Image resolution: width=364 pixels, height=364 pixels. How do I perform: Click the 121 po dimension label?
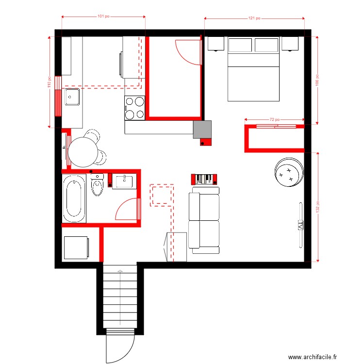pos(254,18)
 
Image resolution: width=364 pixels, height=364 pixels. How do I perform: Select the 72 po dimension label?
pos(275,119)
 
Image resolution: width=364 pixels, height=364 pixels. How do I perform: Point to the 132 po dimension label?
pos(317,207)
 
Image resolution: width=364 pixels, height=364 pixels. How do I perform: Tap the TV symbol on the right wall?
pos(299,225)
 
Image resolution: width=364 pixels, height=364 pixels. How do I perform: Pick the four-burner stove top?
pos(135,108)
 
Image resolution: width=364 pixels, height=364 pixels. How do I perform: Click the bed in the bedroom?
pos(253,69)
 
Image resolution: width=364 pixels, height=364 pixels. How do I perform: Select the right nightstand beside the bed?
pos(289,44)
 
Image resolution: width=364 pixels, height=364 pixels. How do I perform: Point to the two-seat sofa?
pos(204,220)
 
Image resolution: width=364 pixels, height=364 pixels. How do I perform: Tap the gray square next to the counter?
pos(202,130)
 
